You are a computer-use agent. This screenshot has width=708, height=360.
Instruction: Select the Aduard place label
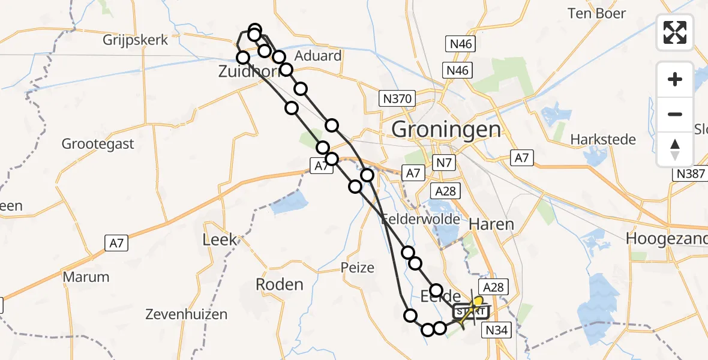(319, 56)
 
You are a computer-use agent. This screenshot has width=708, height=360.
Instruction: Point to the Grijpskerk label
(136, 40)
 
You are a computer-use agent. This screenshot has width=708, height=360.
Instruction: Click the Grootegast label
(98, 144)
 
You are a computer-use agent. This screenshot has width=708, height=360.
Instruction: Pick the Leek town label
(220, 240)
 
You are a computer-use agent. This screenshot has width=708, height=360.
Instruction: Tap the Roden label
(280, 284)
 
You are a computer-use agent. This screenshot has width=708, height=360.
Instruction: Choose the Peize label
(357, 268)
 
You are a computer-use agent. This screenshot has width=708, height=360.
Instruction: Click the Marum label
(86, 277)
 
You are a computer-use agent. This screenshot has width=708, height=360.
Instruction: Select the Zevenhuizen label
(187, 314)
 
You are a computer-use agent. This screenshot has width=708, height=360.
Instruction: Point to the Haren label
(491, 224)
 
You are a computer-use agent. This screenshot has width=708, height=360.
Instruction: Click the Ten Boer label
(597, 13)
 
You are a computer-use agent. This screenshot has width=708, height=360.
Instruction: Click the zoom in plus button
(675, 79)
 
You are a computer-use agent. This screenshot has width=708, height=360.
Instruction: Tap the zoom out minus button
(675, 114)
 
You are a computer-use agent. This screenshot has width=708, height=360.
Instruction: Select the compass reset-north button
(675, 149)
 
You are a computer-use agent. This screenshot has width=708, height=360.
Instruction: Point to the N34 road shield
(496, 329)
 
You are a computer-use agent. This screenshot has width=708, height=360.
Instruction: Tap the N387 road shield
(690, 173)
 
